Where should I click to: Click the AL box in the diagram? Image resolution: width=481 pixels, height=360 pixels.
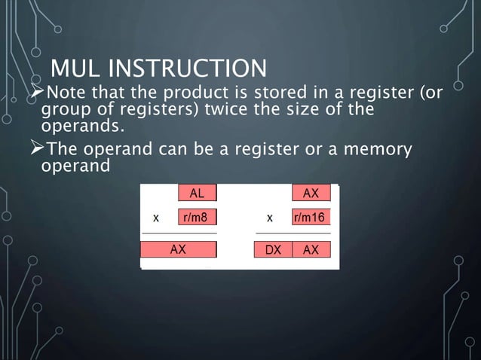pyautogui.click(x=197, y=193)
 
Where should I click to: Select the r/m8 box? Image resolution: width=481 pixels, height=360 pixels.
pyautogui.click(x=197, y=218)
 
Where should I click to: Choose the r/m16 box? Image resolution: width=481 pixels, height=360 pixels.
pyautogui.click(x=311, y=218)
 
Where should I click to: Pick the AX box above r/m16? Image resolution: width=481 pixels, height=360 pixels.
pyautogui.click(x=311, y=193)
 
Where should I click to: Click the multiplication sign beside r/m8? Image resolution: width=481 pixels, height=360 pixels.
pyautogui.click(x=156, y=218)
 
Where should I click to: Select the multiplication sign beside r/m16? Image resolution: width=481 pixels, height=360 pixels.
pyautogui.click(x=269, y=218)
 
